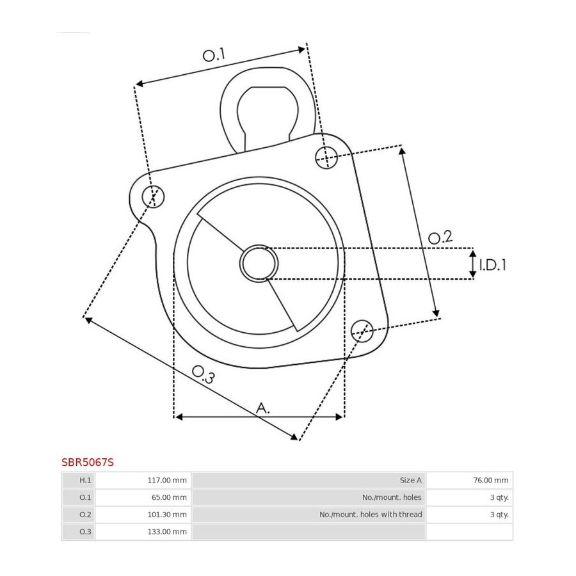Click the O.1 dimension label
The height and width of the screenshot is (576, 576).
214,55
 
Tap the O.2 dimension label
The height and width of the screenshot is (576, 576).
440,237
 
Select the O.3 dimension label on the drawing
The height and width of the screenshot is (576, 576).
203,375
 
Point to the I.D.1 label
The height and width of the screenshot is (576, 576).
492,264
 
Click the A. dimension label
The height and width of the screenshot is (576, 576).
262,408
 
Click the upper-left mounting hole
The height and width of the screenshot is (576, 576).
153,196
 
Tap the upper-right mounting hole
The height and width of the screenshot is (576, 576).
326,157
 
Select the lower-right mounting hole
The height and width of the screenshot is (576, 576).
362,331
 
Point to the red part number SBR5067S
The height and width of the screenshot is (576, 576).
88,462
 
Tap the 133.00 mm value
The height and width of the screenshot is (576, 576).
167,532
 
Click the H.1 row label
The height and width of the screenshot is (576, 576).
85,480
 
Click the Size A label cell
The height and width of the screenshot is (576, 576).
308,480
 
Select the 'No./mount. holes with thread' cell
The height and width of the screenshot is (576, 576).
308,515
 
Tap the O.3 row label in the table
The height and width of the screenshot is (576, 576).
85,532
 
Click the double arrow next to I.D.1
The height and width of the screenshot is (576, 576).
473,264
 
